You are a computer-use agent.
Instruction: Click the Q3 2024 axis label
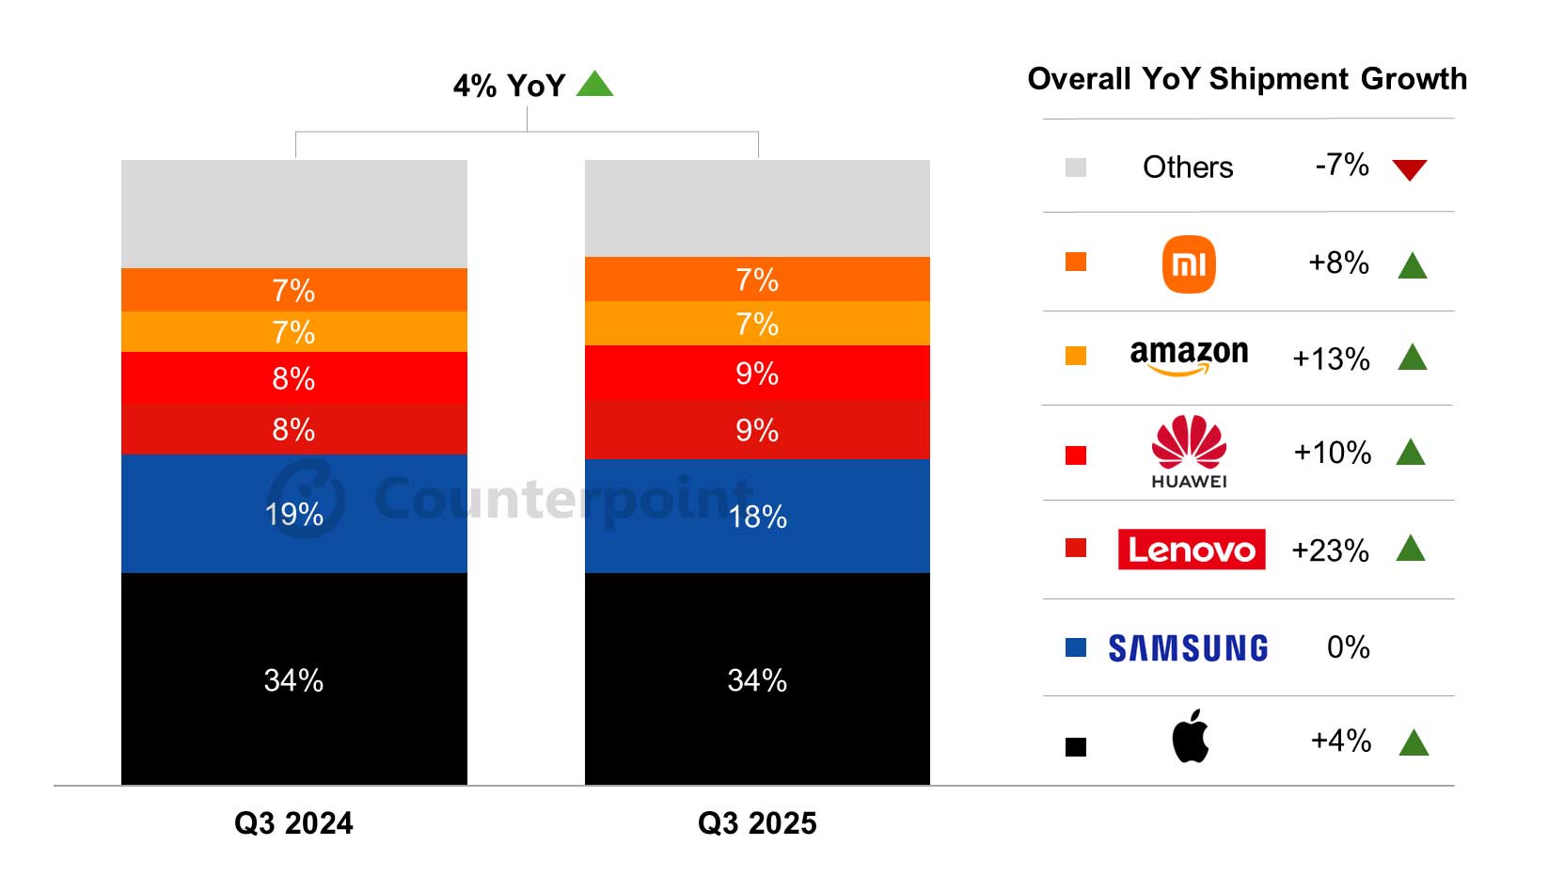293,823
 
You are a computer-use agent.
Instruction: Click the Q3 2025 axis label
757,823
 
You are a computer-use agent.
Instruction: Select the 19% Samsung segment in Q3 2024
293,514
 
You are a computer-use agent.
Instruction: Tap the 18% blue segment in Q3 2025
757,517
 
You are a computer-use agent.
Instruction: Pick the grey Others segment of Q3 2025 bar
757,208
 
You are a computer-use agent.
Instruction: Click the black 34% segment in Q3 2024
293,679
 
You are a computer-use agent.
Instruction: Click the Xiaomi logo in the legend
1189,264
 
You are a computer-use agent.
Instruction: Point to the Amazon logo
1189,357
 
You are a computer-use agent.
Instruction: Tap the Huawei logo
1189,452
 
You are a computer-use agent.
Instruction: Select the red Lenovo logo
1191,550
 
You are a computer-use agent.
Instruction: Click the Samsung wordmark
1188,648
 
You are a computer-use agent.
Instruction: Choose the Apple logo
1190,736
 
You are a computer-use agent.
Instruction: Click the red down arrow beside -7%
1409,169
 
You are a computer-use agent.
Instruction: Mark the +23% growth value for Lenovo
1330,550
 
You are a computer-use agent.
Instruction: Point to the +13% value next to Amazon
1331,359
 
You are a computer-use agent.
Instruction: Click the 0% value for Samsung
1348,647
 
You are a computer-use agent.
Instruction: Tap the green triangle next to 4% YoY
594,85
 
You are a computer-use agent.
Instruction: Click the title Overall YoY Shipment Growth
1247,79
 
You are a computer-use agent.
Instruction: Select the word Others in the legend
1187,167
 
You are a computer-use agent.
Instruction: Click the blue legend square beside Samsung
1076,647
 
